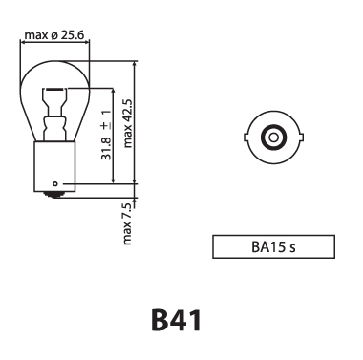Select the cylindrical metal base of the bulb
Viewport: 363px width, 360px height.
click(x=56, y=162)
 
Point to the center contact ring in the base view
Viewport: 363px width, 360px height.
click(x=274, y=138)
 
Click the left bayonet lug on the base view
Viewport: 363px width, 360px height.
click(x=250, y=138)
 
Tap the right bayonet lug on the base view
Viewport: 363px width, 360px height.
click(x=298, y=138)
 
